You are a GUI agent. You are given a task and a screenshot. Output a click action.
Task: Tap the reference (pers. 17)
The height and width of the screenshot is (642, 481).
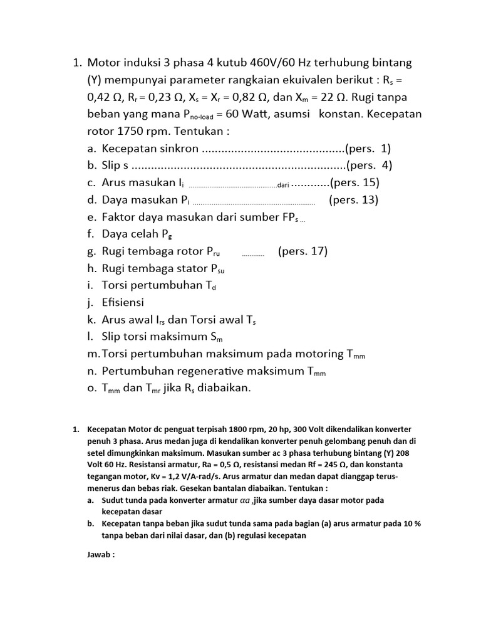point(303,251)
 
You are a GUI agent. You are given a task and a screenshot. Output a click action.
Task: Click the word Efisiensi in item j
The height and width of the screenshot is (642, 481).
point(123,302)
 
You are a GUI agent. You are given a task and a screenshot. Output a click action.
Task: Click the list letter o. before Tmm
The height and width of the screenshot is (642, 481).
point(92,388)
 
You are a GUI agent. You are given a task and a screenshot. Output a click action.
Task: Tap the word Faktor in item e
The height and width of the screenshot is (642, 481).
point(119,217)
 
